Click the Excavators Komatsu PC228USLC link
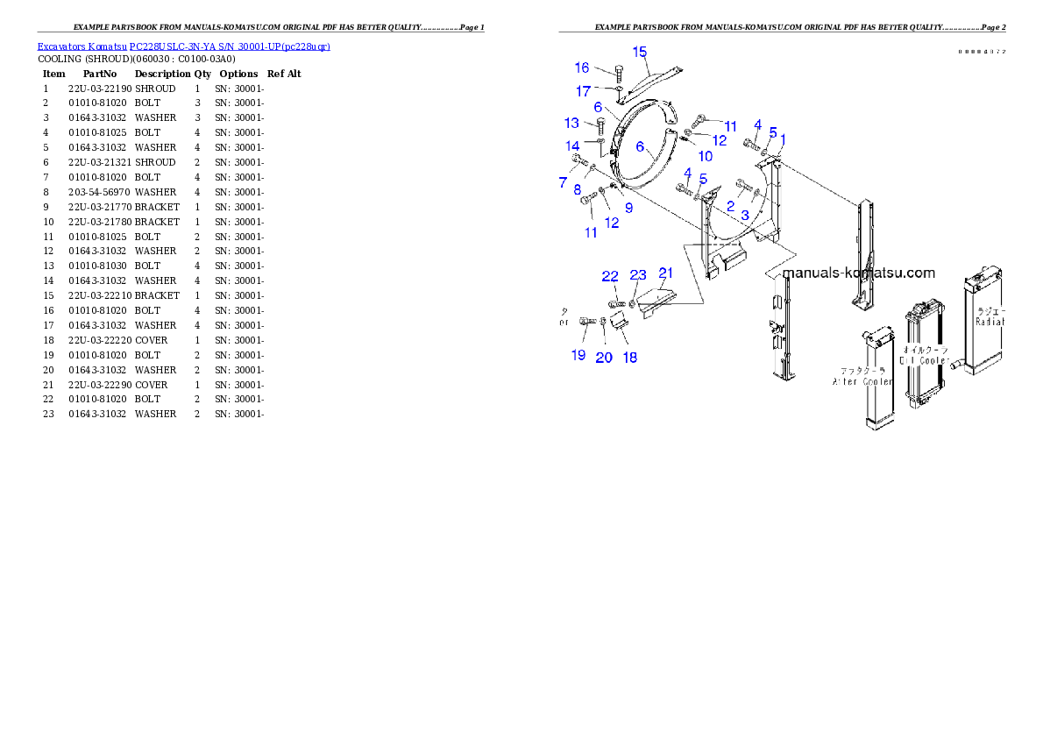[x=183, y=46]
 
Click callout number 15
[x=640, y=52]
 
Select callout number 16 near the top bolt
[x=582, y=68]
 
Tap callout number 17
[x=583, y=91]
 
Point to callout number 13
[x=571, y=124]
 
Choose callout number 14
[x=572, y=145]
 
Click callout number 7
[x=563, y=182]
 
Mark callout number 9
[x=628, y=208]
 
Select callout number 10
[x=705, y=156]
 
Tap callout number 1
[x=783, y=139]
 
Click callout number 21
[x=666, y=273]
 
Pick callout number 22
[x=610, y=277]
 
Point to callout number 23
[x=638, y=276]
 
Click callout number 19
[x=578, y=355]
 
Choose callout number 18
[x=629, y=357]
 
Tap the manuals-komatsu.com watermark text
[x=858, y=273]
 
